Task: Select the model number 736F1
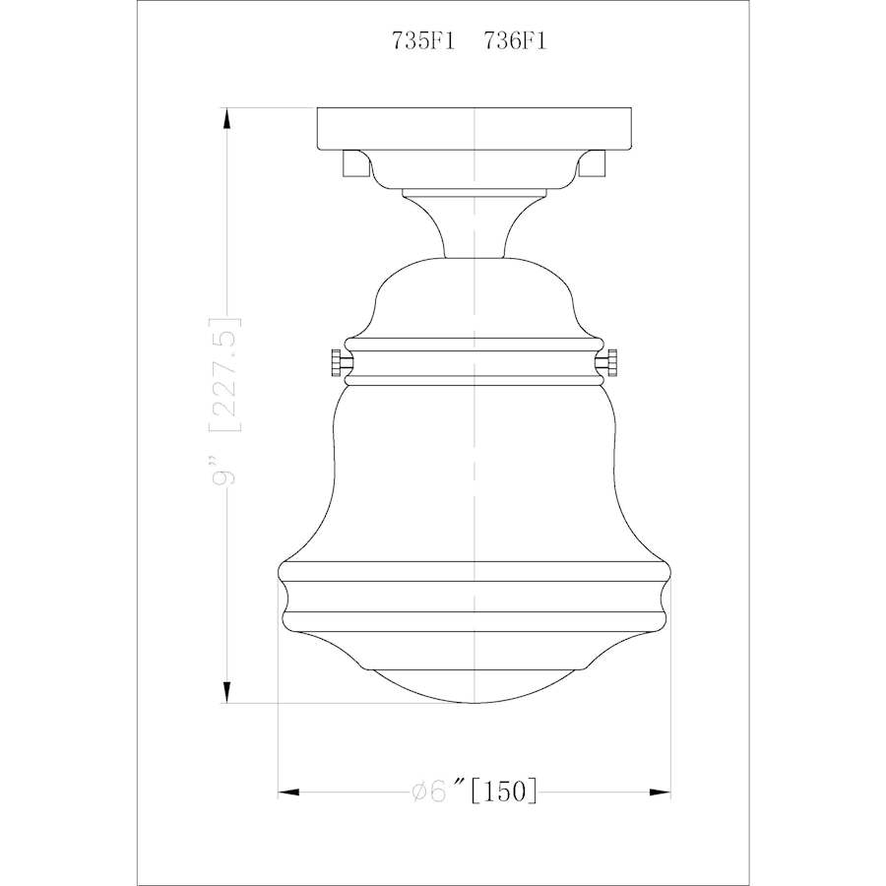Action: (x=514, y=42)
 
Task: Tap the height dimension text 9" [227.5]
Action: (x=227, y=400)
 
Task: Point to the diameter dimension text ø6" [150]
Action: (x=474, y=791)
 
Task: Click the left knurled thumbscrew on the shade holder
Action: (x=338, y=363)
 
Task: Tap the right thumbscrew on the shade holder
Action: (x=613, y=363)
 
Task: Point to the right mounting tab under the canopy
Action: (x=594, y=162)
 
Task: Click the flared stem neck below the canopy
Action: (x=475, y=221)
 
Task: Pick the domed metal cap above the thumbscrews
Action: (x=475, y=295)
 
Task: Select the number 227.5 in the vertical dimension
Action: (x=227, y=374)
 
